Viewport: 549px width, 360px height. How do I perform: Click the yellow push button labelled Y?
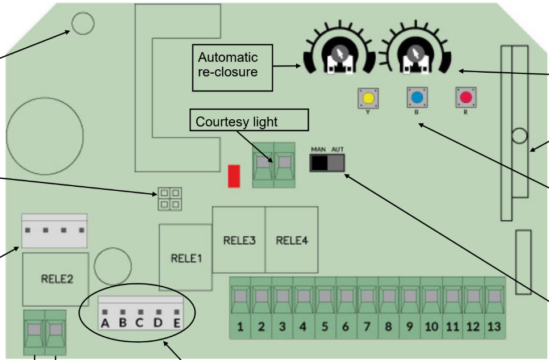click(x=368, y=98)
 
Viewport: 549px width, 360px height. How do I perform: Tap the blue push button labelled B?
click(x=417, y=97)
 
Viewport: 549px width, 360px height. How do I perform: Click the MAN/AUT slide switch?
click(x=327, y=163)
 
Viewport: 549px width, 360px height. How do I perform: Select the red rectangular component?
click(x=234, y=177)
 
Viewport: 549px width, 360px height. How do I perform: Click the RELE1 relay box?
click(x=186, y=257)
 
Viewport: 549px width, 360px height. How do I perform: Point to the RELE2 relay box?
click(x=56, y=279)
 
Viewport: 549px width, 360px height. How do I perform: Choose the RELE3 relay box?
click(x=239, y=240)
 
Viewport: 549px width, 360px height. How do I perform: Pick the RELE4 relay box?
click(x=292, y=240)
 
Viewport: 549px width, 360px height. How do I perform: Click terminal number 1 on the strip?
click(x=240, y=308)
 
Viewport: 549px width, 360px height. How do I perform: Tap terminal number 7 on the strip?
click(x=367, y=308)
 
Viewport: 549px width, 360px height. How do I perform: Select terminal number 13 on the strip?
click(x=495, y=308)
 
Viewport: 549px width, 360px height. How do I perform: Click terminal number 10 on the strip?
click(x=431, y=308)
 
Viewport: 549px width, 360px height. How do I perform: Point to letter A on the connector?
click(x=105, y=323)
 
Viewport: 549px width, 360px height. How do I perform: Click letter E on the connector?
click(x=177, y=323)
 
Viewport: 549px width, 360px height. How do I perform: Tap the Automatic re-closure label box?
click(x=232, y=68)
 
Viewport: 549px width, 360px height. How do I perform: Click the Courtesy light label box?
click(x=249, y=120)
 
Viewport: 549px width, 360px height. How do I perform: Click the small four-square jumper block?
click(x=170, y=199)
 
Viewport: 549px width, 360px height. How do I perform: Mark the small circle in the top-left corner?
click(x=83, y=23)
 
